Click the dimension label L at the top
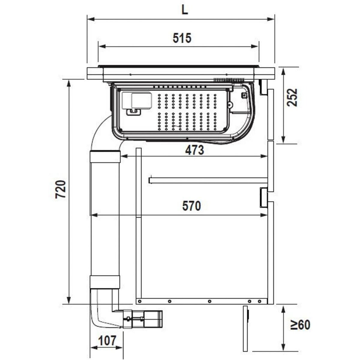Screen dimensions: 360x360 coord(184,10)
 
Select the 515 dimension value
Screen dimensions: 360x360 coord(182,38)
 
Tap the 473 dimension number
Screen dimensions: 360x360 coord(194,150)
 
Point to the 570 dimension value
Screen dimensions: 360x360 coord(191,206)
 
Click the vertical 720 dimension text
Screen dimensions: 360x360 coord(61,189)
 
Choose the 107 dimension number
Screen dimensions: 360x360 coord(107,340)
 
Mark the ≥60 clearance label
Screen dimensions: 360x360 coord(300,325)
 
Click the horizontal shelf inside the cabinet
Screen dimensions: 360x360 coord(208,180)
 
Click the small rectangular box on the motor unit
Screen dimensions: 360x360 coord(140,100)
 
